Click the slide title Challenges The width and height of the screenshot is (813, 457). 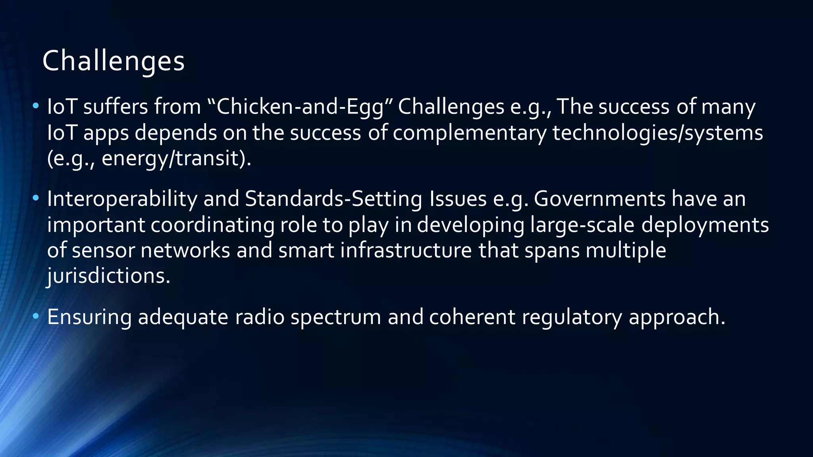point(114,61)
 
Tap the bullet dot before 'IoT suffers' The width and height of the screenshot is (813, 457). point(36,106)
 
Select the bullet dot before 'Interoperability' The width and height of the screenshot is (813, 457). point(36,198)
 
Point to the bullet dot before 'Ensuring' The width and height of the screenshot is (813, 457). point(36,316)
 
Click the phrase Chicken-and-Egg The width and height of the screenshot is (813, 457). point(300,107)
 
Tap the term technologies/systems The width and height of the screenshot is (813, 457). point(657,133)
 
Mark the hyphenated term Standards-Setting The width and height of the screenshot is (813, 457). point(333,199)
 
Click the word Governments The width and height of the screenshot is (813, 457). point(599,199)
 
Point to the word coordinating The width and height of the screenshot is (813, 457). point(212,225)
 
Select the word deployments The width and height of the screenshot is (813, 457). point(705,225)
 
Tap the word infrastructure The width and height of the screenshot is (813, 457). point(406,251)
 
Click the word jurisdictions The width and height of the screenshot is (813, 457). point(108,276)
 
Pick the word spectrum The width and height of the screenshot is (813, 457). point(336,317)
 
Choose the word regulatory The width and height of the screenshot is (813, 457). point(572,317)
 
